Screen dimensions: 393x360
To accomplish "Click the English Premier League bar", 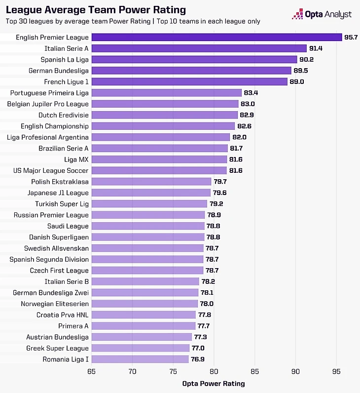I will coord(216,38).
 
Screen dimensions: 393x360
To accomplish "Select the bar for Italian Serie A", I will coord(199,48).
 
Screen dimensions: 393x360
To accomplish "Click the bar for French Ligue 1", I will coord(189,82).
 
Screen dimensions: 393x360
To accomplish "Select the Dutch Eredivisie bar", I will coord(165,115).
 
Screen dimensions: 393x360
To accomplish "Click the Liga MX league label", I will coord(76,159).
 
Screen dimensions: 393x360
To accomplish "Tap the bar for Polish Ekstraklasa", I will coord(151,182).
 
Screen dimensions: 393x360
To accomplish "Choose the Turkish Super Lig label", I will coord(62,204).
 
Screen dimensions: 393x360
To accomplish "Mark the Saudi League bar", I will coord(148,226).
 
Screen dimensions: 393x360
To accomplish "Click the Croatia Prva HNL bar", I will coord(144,315).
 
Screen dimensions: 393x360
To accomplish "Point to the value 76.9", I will coord(198,359).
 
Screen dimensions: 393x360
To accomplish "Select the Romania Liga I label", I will coord(66,359).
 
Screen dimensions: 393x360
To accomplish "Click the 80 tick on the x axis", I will coord(214,371).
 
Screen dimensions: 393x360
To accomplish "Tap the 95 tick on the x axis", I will coord(336,371).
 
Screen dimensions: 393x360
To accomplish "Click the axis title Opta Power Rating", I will coord(213,384).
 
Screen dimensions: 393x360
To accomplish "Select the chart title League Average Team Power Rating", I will coord(96,10).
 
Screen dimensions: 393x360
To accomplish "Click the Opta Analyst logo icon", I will coord(297,14).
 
